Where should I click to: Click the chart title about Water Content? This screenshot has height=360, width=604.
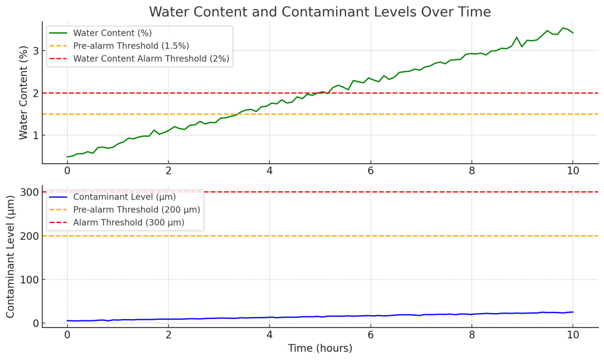319,12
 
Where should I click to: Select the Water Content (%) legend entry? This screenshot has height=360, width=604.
112,33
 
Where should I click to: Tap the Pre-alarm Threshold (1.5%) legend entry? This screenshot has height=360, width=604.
131,46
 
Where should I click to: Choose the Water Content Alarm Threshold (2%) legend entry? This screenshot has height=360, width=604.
151,58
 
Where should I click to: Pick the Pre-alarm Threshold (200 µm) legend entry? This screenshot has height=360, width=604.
136,210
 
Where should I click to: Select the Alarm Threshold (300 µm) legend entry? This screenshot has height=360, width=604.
129,222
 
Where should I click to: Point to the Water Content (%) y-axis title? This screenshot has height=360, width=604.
24,93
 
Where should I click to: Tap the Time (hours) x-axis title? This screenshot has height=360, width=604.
320,348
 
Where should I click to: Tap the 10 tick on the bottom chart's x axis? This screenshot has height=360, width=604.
573,335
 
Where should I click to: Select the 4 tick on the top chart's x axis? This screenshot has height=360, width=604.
270,172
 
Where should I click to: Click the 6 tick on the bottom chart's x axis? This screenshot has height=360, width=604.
370,335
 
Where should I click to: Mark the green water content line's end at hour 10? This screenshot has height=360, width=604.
573,33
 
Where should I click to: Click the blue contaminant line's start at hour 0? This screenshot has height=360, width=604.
67,321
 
